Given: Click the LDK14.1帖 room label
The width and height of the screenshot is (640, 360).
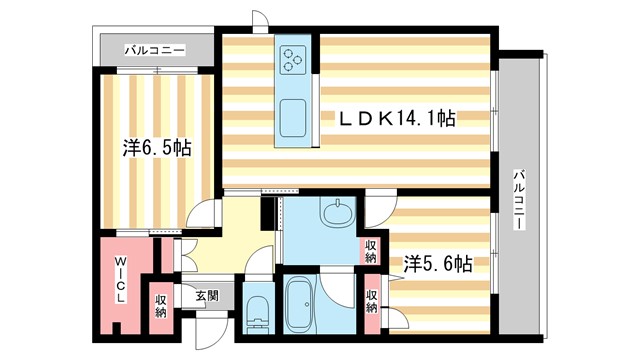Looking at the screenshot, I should click(x=398, y=119).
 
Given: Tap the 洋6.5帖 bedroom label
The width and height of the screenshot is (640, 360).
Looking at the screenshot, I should click(x=158, y=147).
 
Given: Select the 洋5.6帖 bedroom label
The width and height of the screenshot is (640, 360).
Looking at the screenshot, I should click(x=438, y=264).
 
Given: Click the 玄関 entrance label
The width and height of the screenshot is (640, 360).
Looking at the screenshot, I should click(x=207, y=295).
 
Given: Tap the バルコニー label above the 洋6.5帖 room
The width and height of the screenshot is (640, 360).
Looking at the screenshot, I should click(x=154, y=48).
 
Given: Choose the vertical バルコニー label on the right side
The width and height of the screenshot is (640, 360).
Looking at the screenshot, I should click(x=519, y=200).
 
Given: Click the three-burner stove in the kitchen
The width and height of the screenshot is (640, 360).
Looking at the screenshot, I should click(x=295, y=59).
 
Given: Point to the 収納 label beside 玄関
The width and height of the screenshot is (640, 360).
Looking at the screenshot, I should click(x=161, y=306).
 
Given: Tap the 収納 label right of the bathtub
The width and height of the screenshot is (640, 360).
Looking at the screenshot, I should click(x=372, y=301).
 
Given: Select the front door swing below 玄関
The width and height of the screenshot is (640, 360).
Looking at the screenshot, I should click(x=208, y=330).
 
